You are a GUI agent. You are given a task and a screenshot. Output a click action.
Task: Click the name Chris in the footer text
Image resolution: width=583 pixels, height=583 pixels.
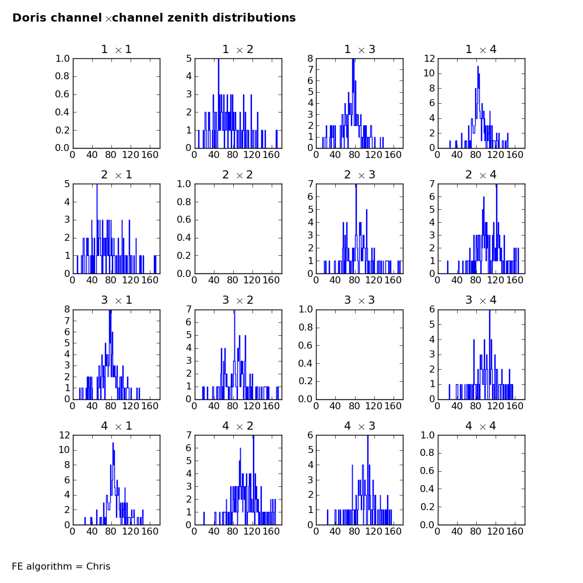click(x=98, y=566)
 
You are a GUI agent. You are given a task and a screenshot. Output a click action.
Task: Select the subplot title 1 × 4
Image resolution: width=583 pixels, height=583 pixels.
click(x=481, y=50)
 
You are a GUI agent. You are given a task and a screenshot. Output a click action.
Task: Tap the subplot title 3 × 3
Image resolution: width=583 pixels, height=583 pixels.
click(x=360, y=300)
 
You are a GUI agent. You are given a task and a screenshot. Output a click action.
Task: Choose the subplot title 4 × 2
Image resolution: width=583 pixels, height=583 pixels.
click(x=238, y=426)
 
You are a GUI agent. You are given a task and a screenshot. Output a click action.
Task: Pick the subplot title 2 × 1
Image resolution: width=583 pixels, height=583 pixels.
click(x=117, y=175)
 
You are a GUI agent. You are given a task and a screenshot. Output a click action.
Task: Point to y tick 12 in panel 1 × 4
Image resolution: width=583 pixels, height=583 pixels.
click(x=430, y=58)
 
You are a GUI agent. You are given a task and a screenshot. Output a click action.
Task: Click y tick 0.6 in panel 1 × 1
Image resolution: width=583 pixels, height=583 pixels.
click(x=62, y=94)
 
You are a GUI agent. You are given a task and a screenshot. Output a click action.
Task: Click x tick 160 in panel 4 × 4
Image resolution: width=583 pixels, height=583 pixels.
click(x=515, y=531)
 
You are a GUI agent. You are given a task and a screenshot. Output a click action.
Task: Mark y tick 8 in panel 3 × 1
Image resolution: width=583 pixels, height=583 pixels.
click(x=67, y=310)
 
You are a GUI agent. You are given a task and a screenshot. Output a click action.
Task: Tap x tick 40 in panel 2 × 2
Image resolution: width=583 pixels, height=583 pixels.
click(x=214, y=280)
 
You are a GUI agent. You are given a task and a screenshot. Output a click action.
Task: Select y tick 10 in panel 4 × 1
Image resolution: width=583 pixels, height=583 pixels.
click(x=64, y=450)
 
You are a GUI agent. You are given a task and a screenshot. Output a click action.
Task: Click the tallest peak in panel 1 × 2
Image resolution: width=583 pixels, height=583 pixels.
click(x=219, y=59)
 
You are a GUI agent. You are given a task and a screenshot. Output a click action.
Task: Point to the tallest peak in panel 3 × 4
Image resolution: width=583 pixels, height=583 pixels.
click(x=490, y=311)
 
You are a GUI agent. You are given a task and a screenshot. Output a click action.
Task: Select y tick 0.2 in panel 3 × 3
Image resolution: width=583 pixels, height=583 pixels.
click(x=305, y=381)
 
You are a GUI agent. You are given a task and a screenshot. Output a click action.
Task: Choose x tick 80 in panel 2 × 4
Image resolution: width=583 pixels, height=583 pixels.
click(x=476, y=280)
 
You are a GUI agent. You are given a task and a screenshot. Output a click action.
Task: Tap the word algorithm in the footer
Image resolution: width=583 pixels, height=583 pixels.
click(x=48, y=566)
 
